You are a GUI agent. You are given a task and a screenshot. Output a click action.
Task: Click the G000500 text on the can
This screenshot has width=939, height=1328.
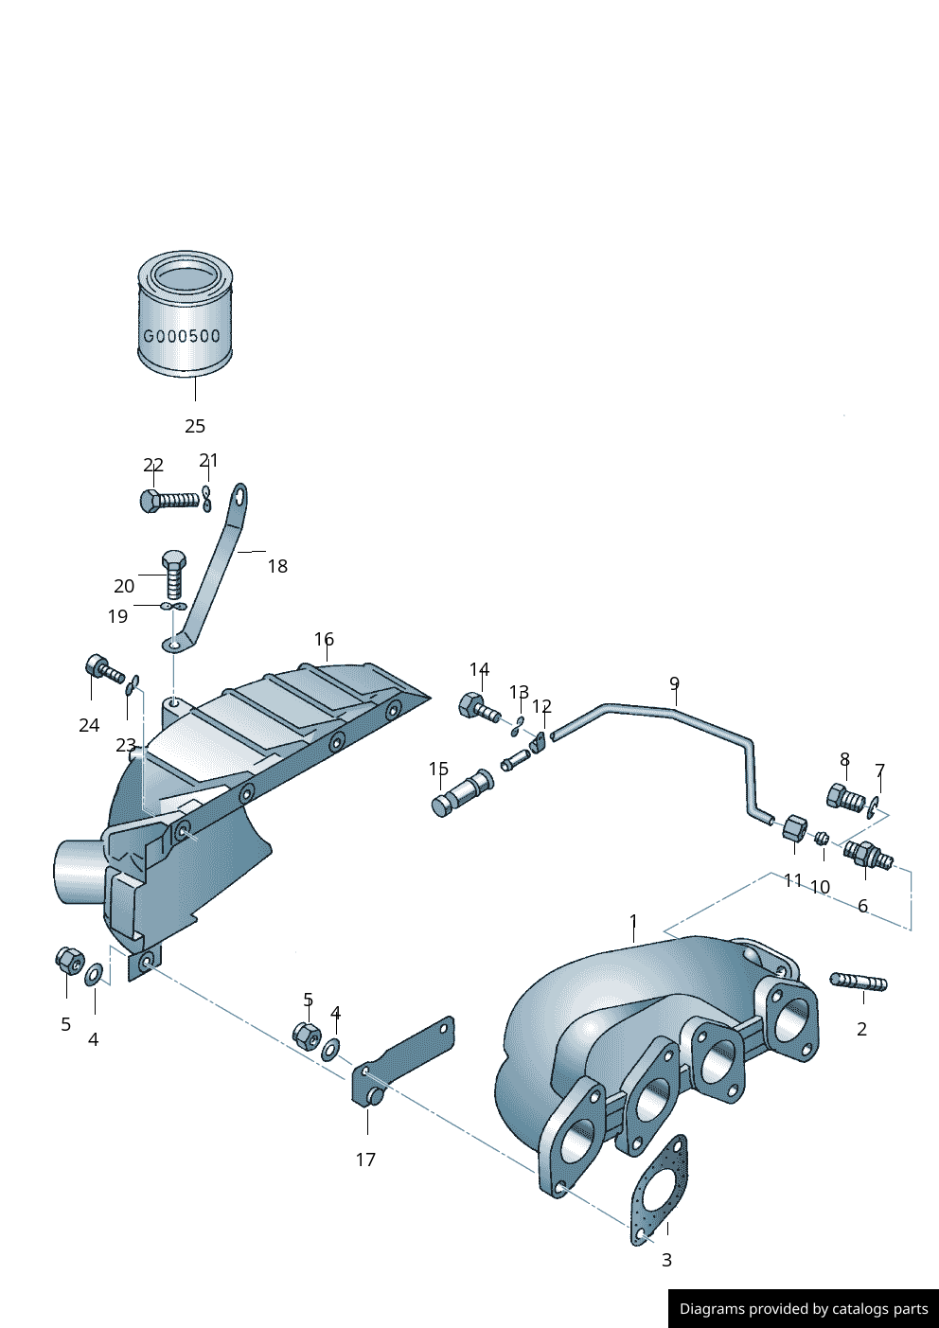pos(182,336)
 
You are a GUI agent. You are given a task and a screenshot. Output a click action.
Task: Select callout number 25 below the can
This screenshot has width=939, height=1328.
pos(195,426)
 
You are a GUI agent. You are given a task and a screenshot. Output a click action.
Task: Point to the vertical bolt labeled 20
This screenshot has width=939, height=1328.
pos(174,573)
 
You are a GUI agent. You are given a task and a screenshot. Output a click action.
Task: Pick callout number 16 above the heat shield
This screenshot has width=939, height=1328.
pos(325,639)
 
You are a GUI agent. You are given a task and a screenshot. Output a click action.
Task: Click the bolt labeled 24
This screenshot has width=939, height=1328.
pos(103,670)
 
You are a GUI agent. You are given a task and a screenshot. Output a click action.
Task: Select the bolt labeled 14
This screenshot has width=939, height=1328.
pos(477,707)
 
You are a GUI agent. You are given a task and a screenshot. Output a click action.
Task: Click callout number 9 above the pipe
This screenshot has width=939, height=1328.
pos(674,683)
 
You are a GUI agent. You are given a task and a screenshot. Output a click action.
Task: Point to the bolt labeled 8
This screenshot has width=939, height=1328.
pos(844,798)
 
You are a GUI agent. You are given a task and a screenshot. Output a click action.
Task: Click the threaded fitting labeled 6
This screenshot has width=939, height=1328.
pos(868,857)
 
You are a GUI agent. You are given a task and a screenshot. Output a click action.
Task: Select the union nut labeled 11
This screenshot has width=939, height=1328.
pos(795,829)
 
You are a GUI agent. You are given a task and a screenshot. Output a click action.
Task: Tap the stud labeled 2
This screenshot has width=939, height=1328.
pos(858,983)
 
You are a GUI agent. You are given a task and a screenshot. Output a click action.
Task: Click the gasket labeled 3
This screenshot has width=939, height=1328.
pos(660,1191)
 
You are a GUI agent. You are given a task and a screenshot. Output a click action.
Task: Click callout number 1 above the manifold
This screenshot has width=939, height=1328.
pos(633,921)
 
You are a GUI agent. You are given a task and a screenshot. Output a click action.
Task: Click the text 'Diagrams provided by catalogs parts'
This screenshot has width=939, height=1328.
pos(804,1309)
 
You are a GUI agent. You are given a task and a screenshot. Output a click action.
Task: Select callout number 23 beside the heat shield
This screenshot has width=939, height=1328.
pos(126,746)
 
